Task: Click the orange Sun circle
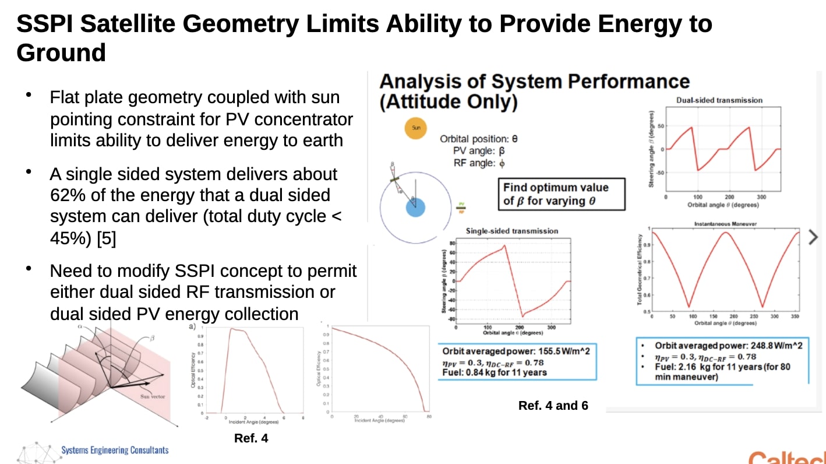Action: [x=415, y=128]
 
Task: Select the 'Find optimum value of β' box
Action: [x=563, y=194]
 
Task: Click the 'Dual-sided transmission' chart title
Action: [x=719, y=100]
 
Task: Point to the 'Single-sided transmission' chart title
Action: [x=511, y=231]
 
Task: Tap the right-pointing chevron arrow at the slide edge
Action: [x=814, y=237]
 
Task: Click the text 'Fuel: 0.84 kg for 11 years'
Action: [x=494, y=372]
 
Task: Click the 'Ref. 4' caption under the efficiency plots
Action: [x=251, y=438]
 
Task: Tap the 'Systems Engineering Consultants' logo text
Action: [x=115, y=450]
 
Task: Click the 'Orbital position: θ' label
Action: [x=478, y=139]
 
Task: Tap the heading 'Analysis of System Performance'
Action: [x=534, y=81]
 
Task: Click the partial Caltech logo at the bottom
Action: [x=786, y=456]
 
